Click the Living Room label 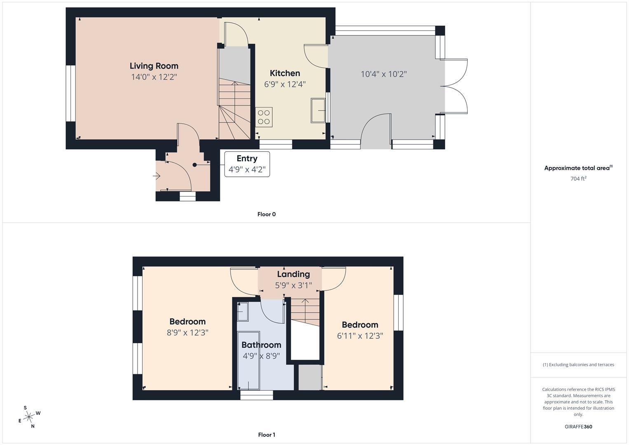[154, 66]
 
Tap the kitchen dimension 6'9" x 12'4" [285, 84]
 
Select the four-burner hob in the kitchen [264, 117]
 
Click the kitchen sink [318, 110]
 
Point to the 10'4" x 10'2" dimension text [383, 74]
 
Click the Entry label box [247, 164]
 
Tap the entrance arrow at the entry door [157, 176]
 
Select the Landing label [293, 274]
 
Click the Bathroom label [261, 345]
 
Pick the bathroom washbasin [243, 311]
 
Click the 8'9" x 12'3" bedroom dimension [187, 333]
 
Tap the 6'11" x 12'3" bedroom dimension [360, 336]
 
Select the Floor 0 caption [267, 214]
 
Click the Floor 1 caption [267, 435]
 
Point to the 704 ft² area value [578, 179]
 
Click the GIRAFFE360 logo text [578, 427]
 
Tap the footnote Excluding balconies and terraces [578, 365]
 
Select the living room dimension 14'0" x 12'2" [154, 77]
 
